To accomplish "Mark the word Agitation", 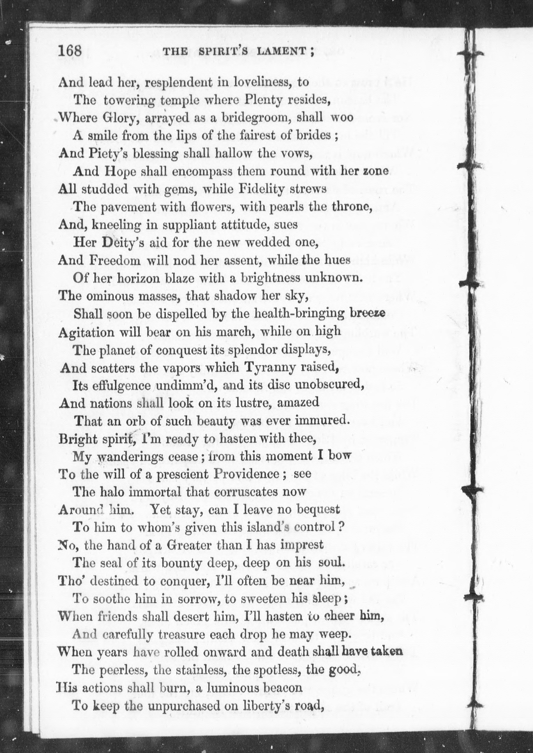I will (x=86, y=333).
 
